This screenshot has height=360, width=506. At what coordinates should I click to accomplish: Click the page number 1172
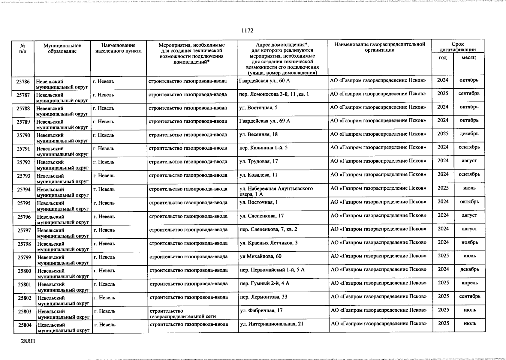click(x=247, y=31)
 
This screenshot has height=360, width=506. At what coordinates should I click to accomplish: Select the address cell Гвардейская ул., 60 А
click(x=264, y=81)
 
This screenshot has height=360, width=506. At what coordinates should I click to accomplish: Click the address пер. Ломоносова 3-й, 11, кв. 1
click(x=274, y=94)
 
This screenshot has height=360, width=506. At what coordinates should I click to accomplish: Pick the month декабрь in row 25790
click(x=469, y=134)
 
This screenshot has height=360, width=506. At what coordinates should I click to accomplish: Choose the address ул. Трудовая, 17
click(x=258, y=161)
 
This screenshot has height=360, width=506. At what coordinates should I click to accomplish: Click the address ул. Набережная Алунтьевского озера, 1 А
click(x=276, y=191)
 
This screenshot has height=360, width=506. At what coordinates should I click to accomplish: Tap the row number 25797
click(x=24, y=230)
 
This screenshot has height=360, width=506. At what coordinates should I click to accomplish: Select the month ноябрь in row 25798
click(x=470, y=242)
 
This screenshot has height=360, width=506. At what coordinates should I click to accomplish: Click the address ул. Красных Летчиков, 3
click(x=269, y=243)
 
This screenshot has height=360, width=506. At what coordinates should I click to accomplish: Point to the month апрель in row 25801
click(x=470, y=283)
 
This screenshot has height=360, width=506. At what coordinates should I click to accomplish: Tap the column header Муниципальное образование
click(x=62, y=48)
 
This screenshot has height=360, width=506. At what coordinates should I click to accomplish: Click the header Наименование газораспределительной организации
click(x=380, y=47)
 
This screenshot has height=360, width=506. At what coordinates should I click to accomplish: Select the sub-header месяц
click(x=469, y=58)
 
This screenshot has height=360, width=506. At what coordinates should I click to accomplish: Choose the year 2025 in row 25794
click(x=443, y=188)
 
